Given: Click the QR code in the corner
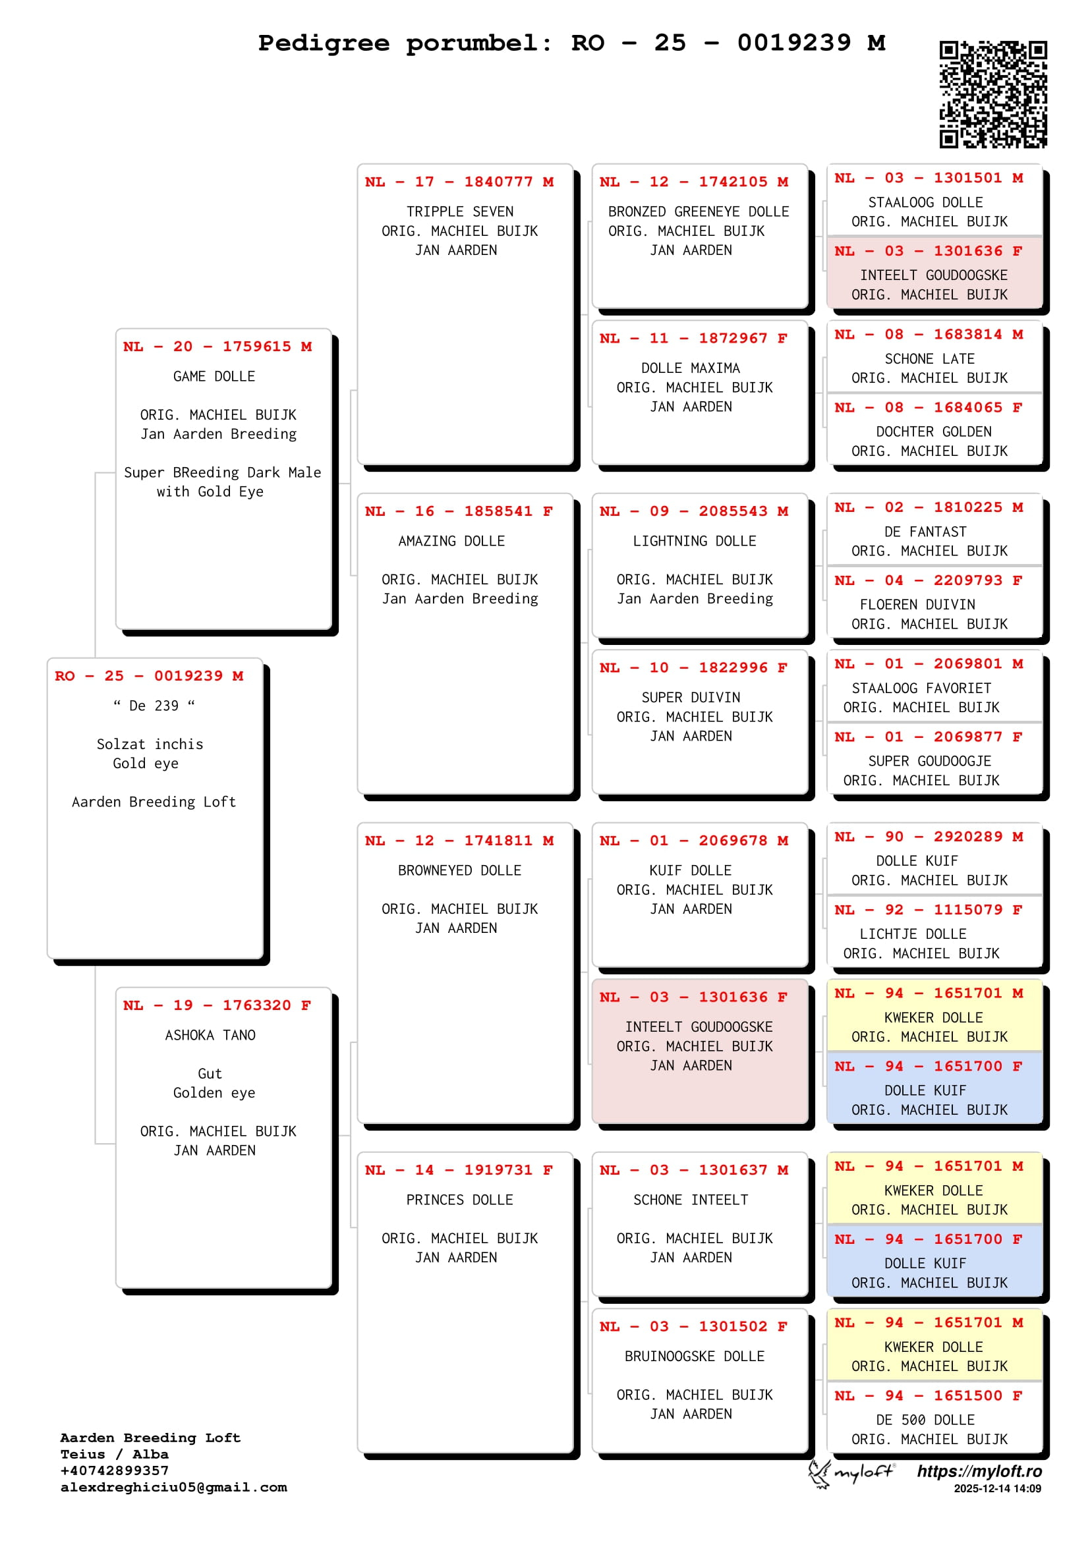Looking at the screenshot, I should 992,94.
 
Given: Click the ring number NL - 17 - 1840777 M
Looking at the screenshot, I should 459,182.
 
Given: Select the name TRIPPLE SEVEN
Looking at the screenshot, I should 460,211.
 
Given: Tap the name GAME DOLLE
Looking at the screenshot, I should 214,377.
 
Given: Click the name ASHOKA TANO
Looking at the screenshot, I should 210,1035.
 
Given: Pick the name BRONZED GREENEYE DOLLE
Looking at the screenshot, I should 698,211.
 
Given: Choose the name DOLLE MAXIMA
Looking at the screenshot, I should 690,368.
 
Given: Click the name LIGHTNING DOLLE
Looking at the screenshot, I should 694,541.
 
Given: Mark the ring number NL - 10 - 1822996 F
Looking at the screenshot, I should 693,668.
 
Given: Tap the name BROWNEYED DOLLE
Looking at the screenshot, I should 459,870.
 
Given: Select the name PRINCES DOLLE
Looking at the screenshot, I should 459,1200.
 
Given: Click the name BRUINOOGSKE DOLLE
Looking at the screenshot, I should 694,1357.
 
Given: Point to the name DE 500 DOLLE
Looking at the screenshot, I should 925,1420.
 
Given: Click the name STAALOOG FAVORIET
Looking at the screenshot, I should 921,688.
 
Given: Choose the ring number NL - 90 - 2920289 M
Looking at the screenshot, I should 929,837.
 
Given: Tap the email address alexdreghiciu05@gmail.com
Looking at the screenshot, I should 173,1488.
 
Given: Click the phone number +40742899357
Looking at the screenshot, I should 114,1471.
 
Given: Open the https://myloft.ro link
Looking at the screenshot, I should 979,1472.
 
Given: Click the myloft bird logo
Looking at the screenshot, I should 819,1474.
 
